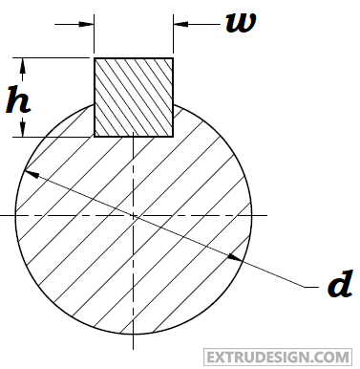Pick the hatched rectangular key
coord(134,97)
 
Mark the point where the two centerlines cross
coord(134,217)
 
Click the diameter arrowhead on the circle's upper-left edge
coord(31,174)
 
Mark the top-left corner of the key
coord(94,58)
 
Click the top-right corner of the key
coord(173,58)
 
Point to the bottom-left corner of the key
coord(94,136)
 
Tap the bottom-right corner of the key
coord(173,136)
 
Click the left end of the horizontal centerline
coord(4,217)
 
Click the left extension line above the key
coord(94,33)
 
